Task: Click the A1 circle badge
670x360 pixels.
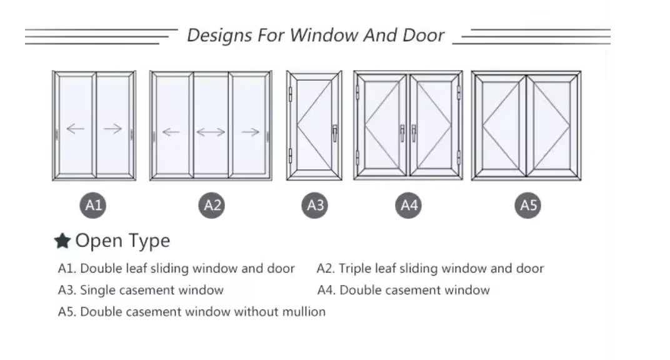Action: [93, 205]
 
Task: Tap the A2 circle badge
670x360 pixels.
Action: [213, 205]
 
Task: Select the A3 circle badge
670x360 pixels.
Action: [316, 205]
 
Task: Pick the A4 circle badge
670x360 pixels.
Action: [409, 205]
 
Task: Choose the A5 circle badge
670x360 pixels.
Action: [529, 205]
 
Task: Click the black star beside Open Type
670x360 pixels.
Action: [62, 241]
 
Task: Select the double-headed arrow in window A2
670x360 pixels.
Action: [211, 132]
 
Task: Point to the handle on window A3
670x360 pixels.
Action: [335, 132]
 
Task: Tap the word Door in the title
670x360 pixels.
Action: [423, 35]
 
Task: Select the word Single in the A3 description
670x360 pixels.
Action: [96, 290]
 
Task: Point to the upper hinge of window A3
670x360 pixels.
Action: [291, 94]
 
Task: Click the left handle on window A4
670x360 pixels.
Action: [402, 132]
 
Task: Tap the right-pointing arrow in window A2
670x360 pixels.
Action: [250, 132]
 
